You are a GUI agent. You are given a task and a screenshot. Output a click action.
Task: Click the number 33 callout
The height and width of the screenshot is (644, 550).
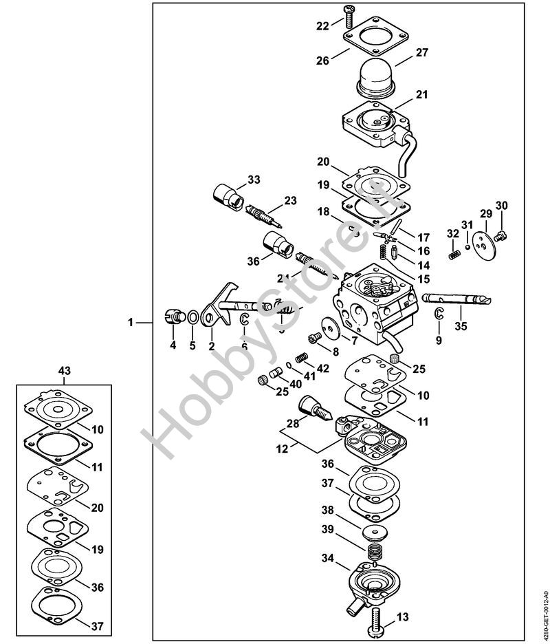pyautogui.click(x=254, y=180)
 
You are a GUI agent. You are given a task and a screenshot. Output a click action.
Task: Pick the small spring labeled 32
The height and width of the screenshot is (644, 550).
pyautogui.click(x=454, y=255)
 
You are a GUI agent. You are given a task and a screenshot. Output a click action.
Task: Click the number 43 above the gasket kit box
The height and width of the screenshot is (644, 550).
pyautogui.click(x=65, y=372)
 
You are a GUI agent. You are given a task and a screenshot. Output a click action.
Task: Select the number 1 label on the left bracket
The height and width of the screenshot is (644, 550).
pyautogui.click(x=131, y=322)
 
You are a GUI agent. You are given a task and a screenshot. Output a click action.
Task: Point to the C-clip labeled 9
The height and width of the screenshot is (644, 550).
pyautogui.click(x=439, y=315)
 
